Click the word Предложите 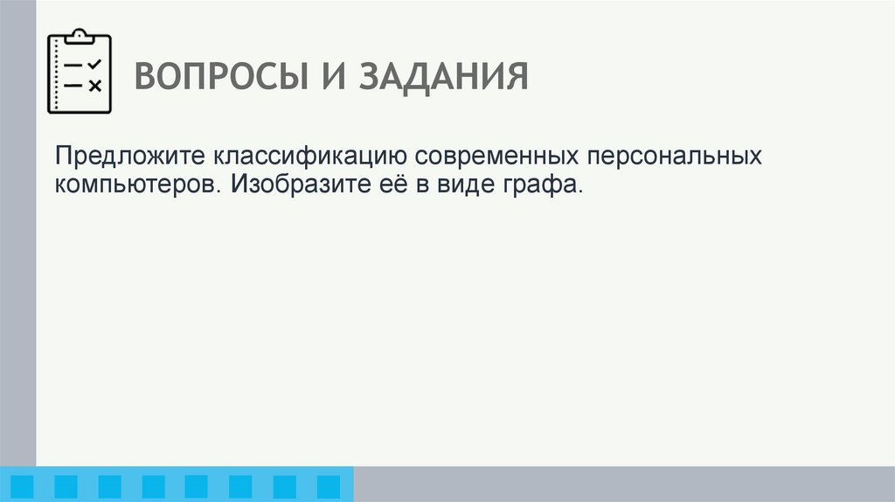(128, 157)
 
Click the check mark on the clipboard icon (95, 65)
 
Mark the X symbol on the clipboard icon (95, 85)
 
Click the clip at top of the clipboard (80, 36)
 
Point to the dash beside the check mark (73, 66)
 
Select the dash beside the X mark (73, 85)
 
